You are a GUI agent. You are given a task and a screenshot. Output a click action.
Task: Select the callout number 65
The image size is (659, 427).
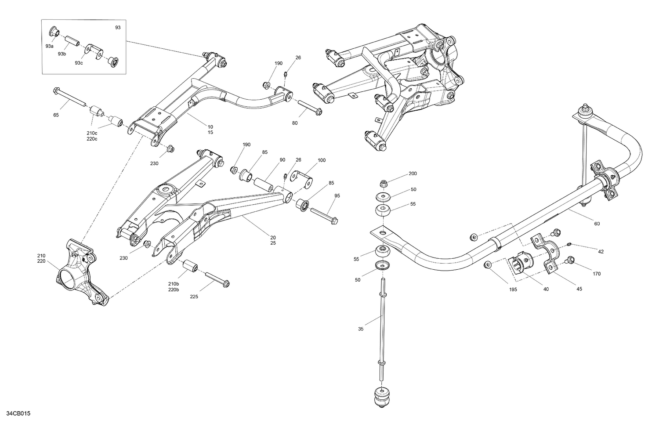click(56, 115)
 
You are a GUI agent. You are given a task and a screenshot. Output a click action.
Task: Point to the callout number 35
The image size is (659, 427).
click(361, 329)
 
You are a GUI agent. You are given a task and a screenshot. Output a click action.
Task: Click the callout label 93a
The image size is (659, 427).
click(49, 46)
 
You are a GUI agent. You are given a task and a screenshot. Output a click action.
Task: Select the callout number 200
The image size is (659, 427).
click(413, 174)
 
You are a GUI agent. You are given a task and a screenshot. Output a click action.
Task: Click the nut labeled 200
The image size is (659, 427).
click(384, 183)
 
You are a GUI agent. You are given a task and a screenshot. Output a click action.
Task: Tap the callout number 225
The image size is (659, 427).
click(194, 297)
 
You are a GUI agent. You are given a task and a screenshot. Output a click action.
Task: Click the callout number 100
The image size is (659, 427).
click(322, 160)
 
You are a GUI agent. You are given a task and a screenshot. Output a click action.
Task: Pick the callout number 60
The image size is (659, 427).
click(597, 224)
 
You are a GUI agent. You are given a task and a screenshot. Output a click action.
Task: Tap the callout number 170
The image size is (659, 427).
click(596, 274)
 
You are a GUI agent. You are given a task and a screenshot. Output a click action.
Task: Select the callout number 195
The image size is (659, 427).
click(513, 289)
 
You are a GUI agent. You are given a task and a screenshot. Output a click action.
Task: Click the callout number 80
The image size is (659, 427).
click(295, 123)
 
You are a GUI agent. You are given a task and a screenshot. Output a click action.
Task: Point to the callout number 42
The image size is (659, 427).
click(601, 251)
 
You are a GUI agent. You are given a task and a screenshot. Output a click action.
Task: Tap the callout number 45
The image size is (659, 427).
click(579, 289)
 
